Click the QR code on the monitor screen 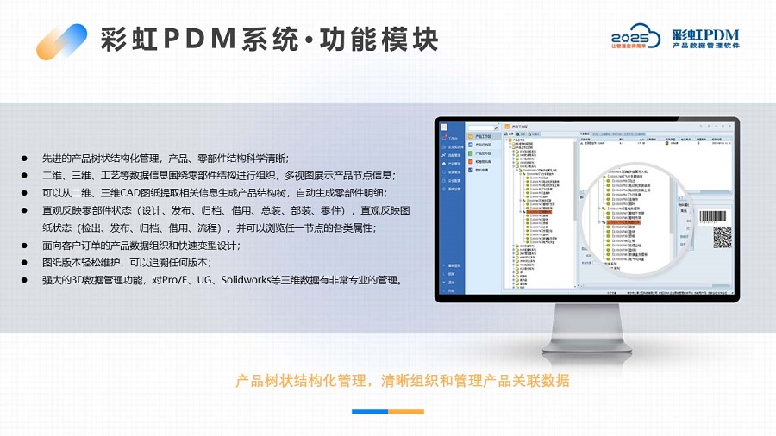(x=723, y=236)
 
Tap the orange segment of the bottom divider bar (x=407, y=412)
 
